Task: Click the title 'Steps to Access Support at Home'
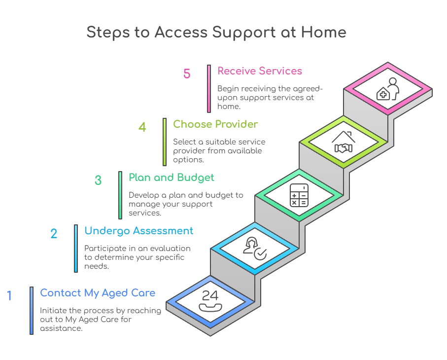point(216,32)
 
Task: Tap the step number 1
point(9,296)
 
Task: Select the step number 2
point(54,233)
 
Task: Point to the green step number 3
point(98,180)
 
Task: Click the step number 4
point(142,127)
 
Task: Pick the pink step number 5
point(187,74)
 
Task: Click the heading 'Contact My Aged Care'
point(98,293)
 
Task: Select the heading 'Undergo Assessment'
point(139,231)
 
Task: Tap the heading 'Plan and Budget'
point(172,177)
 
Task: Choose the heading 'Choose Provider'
point(215,124)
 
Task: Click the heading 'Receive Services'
point(260,71)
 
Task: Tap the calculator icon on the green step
point(299,195)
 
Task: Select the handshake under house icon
point(344,142)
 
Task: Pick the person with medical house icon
point(388,89)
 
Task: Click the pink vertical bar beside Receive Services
point(209,89)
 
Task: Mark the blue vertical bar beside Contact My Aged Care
point(32,311)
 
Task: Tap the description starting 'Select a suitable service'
point(219,150)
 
